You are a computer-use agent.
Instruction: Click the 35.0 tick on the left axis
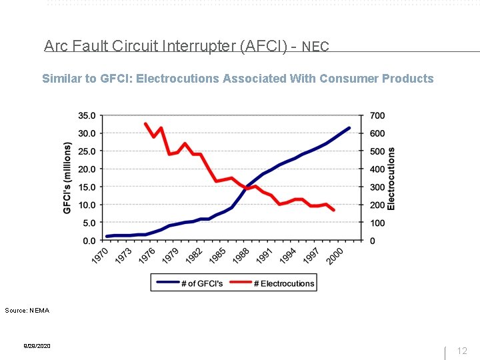[x=87, y=115]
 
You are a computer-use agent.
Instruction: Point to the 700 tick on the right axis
[x=377, y=115]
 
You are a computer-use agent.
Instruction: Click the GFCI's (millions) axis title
[x=67, y=178]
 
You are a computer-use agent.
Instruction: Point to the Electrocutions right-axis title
[x=391, y=178]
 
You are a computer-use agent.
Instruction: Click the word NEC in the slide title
[x=315, y=47]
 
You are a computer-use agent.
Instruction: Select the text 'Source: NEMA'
[x=27, y=310]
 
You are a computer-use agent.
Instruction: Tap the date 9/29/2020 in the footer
[x=37, y=346]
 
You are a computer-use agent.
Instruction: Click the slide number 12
[x=462, y=351]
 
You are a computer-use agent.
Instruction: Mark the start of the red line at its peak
[x=146, y=123]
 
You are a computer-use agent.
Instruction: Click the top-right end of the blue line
[x=349, y=127]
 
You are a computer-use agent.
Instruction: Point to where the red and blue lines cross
[x=248, y=188]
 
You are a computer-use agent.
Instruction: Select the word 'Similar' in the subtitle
[x=62, y=79]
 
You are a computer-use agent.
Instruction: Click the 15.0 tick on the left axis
[x=87, y=187]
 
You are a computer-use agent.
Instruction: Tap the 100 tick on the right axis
[x=377, y=223]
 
